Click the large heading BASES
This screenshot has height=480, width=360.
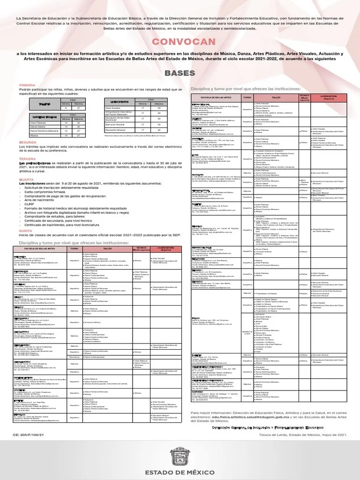click(180, 74)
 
